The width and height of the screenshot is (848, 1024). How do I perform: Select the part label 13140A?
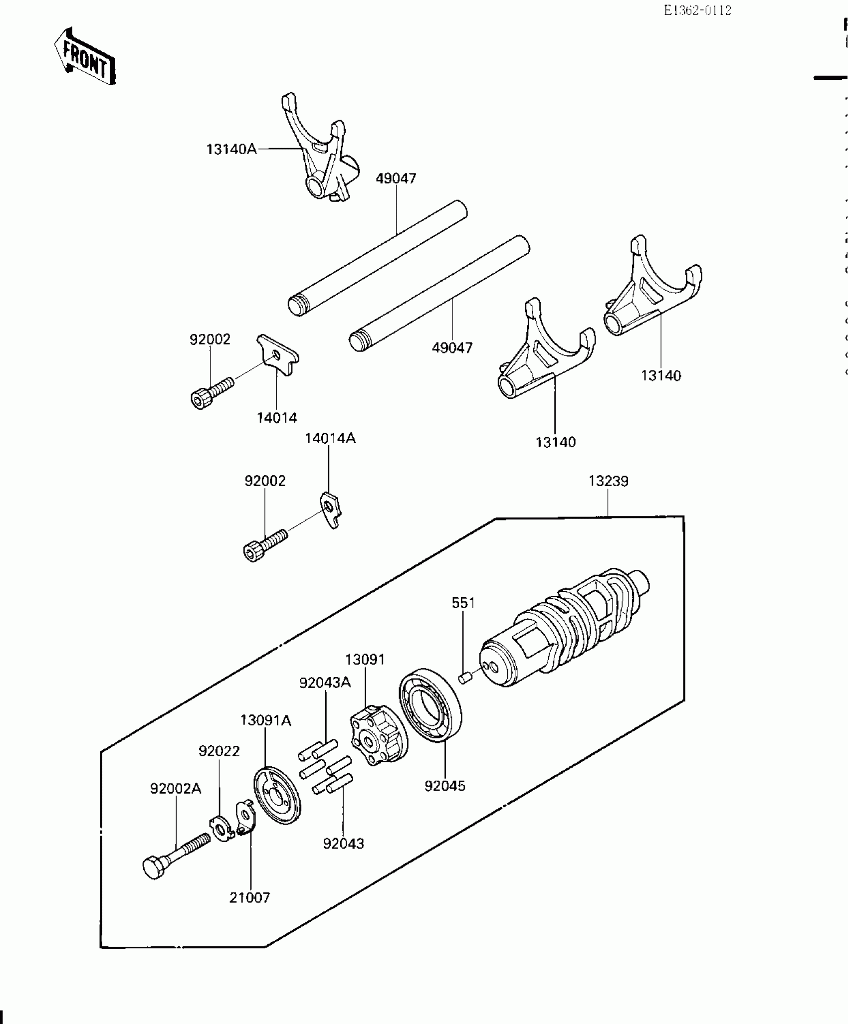[232, 149]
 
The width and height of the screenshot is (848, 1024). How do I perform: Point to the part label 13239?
[608, 481]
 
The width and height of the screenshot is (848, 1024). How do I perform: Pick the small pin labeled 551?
[465, 678]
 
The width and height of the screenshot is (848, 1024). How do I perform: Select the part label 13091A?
[265, 720]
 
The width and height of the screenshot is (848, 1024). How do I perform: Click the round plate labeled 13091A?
[277, 802]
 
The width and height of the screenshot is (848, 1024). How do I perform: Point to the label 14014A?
[330, 438]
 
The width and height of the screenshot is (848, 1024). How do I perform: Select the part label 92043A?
[325, 683]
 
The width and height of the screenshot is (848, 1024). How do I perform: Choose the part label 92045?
[445, 786]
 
